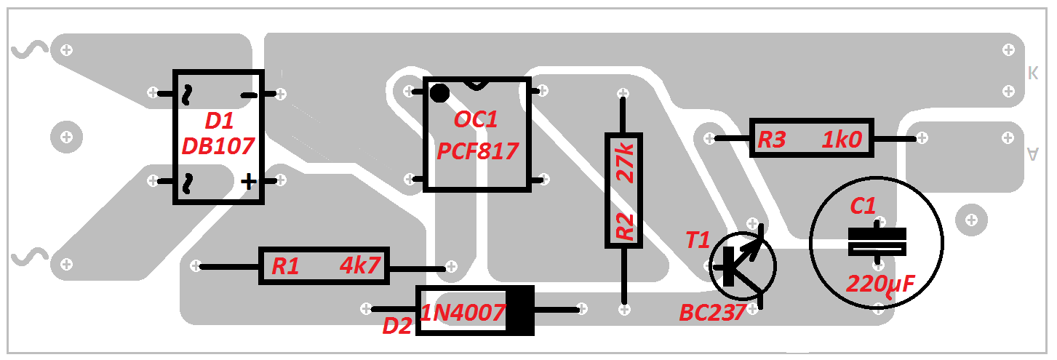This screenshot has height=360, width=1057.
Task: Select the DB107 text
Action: [218, 146]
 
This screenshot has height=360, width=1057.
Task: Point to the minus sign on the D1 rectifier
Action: [249, 95]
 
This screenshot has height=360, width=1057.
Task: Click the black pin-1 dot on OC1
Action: [439, 93]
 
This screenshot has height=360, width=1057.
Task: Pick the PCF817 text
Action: [477, 151]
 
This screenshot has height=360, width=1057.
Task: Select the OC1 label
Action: [476, 120]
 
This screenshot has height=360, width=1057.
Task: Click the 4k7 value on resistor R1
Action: [360, 266]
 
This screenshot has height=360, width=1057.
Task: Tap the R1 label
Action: [285, 267]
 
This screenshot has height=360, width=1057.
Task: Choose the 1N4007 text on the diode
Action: [463, 313]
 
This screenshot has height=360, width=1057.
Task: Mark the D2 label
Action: [397, 327]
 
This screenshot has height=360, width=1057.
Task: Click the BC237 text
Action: [712, 313]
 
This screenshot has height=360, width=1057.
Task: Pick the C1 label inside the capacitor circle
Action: [863, 207]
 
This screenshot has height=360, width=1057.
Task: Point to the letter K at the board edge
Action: [1032, 73]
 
